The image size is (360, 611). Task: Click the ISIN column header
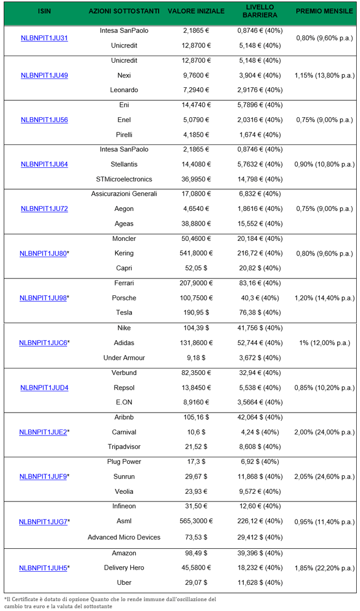click(44, 11)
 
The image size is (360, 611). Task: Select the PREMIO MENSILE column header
click(324, 11)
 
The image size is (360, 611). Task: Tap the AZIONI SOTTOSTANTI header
click(124, 11)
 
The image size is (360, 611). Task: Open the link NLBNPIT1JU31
click(44, 38)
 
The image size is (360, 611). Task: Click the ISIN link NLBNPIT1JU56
click(44, 120)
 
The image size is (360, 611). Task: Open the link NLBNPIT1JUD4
click(44, 388)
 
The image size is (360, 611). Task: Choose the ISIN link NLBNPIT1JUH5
click(43, 568)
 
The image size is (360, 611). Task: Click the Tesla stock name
click(124, 313)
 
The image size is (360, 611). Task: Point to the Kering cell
click(124, 253)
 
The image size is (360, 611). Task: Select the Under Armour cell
click(124, 358)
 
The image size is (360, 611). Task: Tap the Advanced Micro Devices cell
click(124, 537)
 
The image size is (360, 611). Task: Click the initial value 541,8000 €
click(196, 253)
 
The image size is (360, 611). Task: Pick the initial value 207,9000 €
click(196, 283)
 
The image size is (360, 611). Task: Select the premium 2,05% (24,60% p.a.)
click(324, 477)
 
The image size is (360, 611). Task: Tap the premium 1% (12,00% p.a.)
click(324, 343)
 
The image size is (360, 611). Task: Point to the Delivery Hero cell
click(124, 568)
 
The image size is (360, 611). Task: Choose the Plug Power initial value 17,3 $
click(196, 462)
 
